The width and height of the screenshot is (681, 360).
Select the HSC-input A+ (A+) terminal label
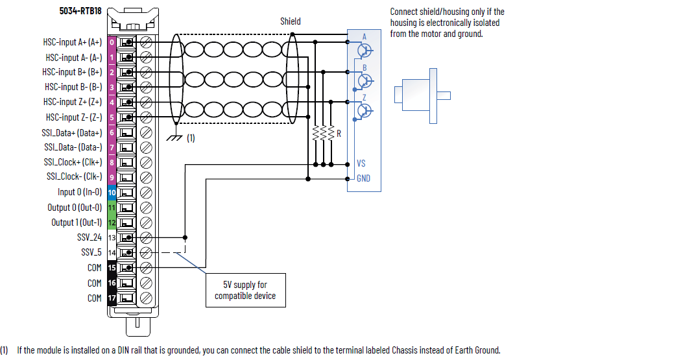73,43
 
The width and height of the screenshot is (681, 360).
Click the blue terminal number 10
112,193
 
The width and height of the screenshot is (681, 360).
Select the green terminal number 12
112,222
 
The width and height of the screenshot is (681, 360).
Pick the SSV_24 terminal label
90,237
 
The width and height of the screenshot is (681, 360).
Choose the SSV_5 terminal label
91,252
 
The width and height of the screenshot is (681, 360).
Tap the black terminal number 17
112,298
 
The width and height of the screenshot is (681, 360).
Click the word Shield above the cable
290,21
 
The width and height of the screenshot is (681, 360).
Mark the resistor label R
339,133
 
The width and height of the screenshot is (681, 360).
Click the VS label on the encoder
362,163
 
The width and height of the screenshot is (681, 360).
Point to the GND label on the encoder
363,178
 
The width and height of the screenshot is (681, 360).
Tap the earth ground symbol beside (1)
174,137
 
